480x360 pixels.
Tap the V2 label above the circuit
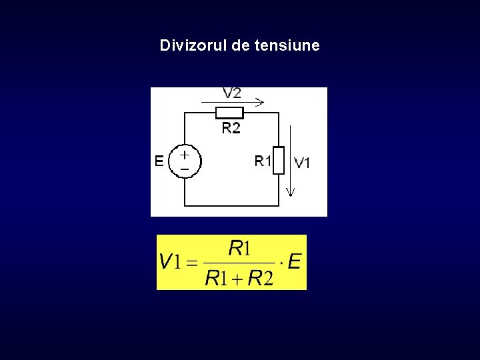(232, 93)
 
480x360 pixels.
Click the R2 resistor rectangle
(230, 113)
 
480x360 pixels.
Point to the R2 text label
(231, 127)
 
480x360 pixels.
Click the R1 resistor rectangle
(279, 160)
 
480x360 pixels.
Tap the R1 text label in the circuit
(263, 161)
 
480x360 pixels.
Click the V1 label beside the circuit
(302, 162)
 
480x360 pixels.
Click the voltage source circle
(185, 161)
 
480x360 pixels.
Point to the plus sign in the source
(185, 153)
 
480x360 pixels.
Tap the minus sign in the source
(185, 169)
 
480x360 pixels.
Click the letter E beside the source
(159, 161)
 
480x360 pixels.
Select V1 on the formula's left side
(170, 261)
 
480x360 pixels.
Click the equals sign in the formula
(191, 263)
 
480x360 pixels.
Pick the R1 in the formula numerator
(239, 249)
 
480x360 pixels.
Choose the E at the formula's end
(294, 261)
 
